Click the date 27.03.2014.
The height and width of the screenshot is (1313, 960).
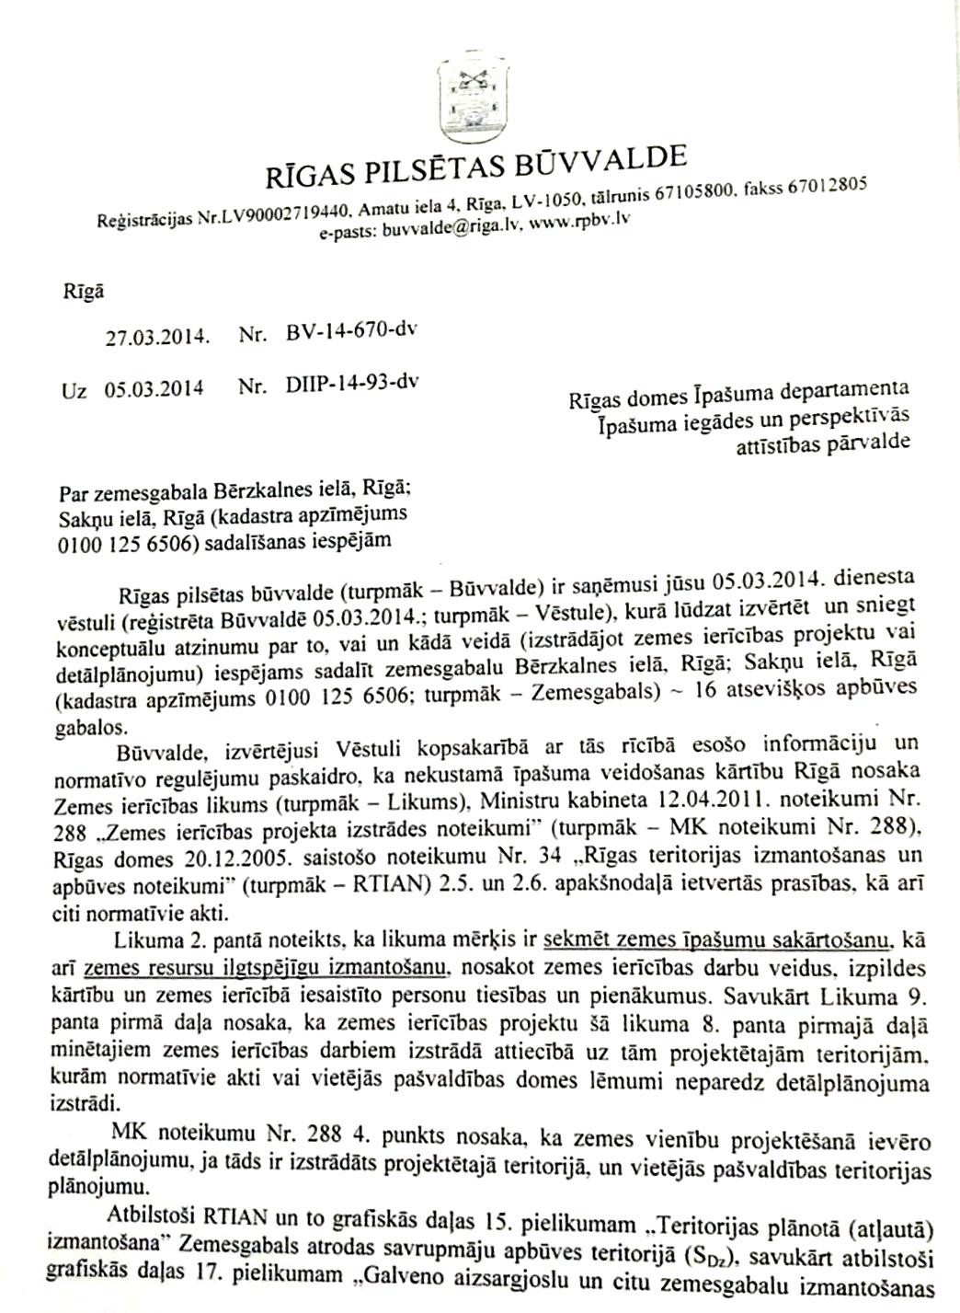click(x=159, y=336)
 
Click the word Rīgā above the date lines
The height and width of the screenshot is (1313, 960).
click(x=82, y=292)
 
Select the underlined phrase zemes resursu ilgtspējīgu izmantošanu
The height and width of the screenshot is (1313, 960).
click(x=267, y=967)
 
